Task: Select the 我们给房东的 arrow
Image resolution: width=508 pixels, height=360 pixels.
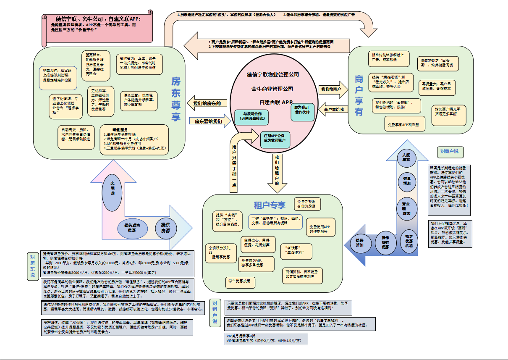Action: point(207,103)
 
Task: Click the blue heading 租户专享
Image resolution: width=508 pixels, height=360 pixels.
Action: point(270,205)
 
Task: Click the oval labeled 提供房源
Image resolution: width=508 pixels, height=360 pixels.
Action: point(166,228)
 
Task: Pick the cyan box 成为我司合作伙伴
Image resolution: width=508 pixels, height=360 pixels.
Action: point(301,110)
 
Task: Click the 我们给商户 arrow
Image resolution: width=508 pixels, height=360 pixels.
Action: point(332,89)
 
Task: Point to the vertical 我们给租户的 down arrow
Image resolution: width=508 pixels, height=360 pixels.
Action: point(277,172)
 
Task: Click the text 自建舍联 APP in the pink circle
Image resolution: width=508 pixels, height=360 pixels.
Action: point(276,102)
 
